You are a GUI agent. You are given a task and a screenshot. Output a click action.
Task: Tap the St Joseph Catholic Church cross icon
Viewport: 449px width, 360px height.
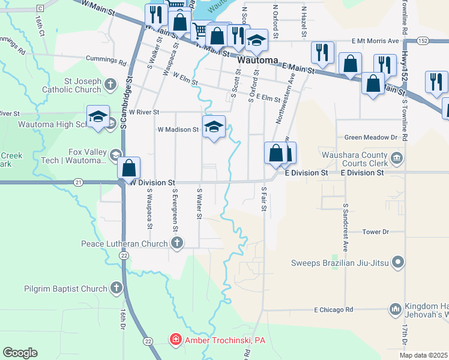(110, 83)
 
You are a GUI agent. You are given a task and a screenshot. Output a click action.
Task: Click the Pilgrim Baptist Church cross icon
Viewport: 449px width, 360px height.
(116, 289)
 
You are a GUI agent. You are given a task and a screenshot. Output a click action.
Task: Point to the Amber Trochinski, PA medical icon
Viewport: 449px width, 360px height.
(175, 340)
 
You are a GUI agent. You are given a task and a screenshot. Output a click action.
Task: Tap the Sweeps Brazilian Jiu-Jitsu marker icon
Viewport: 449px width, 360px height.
(397, 262)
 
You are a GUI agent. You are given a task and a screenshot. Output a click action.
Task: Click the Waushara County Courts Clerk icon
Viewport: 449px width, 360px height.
(396, 158)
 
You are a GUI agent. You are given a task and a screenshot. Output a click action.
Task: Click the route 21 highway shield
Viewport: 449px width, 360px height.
(78, 182)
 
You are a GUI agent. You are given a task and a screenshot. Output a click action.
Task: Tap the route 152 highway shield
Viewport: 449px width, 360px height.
(424, 41)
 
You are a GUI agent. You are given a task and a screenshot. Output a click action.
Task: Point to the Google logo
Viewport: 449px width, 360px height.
(20, 352)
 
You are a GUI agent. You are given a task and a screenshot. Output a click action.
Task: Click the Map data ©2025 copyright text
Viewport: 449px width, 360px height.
(423, 355)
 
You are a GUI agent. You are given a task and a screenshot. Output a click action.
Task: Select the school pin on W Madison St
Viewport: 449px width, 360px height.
(214, 127)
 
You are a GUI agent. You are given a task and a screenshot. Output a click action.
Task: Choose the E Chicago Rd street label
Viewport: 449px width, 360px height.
(333, 310)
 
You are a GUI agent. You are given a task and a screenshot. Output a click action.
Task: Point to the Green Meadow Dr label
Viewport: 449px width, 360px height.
(370, 137)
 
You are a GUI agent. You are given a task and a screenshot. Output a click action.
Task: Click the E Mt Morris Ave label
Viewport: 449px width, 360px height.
(375, 41)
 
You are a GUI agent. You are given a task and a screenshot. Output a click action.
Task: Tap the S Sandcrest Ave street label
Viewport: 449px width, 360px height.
(346, 227)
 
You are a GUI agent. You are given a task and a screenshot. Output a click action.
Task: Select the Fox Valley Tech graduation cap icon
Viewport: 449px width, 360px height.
(114, 156)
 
